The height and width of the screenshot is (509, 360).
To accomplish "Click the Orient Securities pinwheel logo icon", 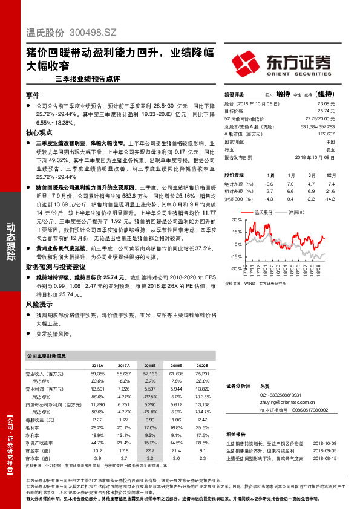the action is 246,63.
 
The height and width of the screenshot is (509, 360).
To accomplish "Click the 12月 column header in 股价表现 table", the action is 330,174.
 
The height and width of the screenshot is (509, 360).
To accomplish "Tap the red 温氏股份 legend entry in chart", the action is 261,213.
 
